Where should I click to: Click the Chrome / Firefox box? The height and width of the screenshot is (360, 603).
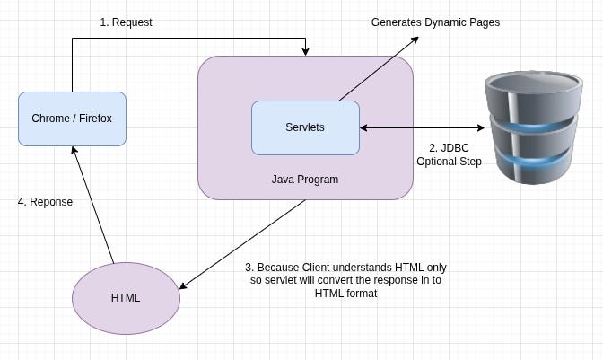(72, 119)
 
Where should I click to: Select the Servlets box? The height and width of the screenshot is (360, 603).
(305, 127)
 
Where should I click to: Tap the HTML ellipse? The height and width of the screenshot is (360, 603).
(126, 297)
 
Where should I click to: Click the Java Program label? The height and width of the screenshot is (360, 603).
(305, 180)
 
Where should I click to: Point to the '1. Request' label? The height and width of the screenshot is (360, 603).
(125, 22)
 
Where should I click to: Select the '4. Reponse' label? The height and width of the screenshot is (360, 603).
(45, 202)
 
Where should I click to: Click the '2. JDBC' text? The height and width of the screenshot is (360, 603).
(449, 147)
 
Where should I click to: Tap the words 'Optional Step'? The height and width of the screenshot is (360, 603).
(449, 162)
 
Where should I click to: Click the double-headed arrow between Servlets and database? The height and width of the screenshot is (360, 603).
(422, 128)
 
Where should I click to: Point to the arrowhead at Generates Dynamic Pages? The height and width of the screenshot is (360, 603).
(415, 40)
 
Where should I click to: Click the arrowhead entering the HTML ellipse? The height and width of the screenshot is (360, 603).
(184, 285)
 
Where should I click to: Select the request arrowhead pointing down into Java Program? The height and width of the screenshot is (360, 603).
(306, 51)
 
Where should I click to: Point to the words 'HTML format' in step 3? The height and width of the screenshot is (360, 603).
(345, 293)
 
